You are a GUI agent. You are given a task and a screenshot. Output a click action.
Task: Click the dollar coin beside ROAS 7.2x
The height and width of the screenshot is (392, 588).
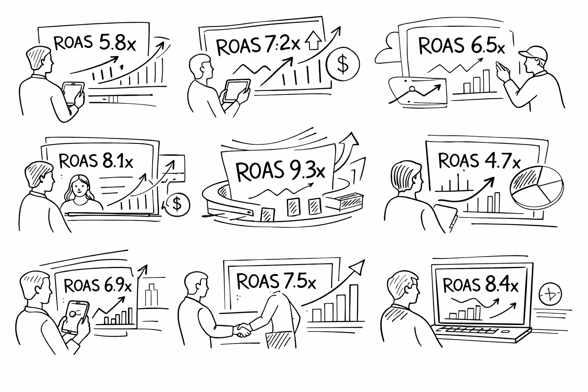343,64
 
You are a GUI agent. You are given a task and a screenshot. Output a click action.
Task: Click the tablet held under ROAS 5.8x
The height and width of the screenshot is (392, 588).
73,93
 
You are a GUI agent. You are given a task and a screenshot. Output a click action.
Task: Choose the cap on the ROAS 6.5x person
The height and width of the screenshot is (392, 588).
530,52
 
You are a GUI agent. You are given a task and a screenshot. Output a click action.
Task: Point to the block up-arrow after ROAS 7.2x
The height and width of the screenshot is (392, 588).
313,42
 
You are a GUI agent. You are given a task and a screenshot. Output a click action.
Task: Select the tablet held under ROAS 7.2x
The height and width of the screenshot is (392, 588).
236,91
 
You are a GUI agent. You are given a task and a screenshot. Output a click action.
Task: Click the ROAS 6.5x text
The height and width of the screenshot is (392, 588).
461,46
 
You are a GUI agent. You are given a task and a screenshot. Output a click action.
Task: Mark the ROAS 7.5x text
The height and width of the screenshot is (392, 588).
276,281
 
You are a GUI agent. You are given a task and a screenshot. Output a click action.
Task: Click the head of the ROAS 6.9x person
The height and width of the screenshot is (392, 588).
37,285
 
